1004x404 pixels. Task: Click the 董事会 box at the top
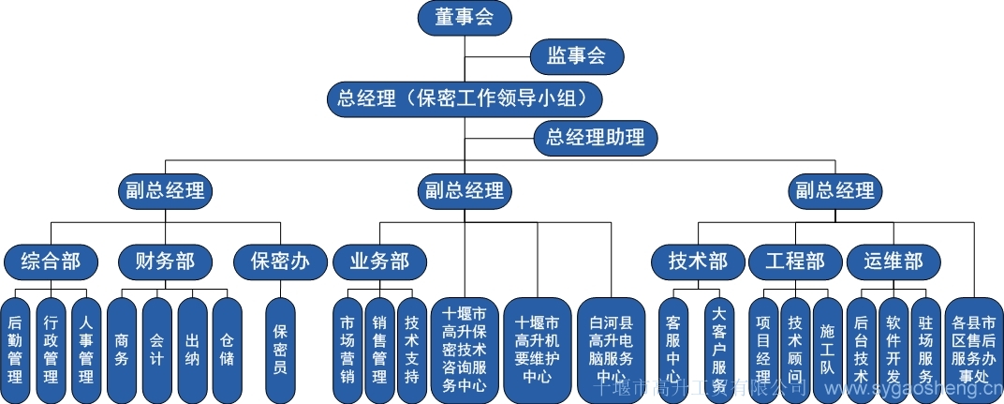(465, 18)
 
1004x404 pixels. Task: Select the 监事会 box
(577, 56)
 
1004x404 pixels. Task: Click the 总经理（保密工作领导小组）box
(464, 97)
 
